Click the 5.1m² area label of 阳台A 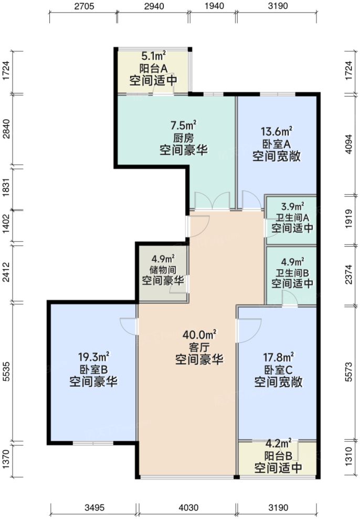pyautogui.click(x=153, y=56)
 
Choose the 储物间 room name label pyautogui.click(x=162, y=270)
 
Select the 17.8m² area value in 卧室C pyautogui.click(x=278, y=357)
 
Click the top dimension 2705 pyautogui.click(x=83, y=6)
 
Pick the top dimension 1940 pyautogui.click(x=212, y=6)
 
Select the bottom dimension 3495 pyautogui.click(x=94, y=507)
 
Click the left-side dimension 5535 pyautogui.click(x=7, y=372)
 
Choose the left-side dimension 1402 pyautogui.click(x=7, y=226)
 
